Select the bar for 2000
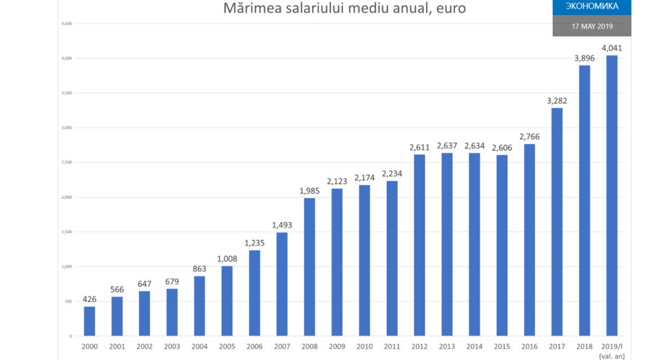coord(89,321)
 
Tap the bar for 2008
coord(310,266)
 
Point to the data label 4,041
coord(612,48)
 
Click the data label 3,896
coord(585,58)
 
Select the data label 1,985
coord(310,191)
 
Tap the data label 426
coord(89,300)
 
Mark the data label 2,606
coord(502,148)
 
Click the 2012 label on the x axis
coord(420,346)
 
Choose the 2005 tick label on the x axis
coord(227,346)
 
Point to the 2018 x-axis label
coord(585,346)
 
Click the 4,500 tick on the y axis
coord(66,24)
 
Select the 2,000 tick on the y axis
coord(66,197)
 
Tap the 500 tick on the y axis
coord(68,302)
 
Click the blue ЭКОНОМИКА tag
coord(591,6)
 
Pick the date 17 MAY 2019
coord(591,26)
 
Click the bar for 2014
coord(474,245)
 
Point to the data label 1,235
coord(255,243)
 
